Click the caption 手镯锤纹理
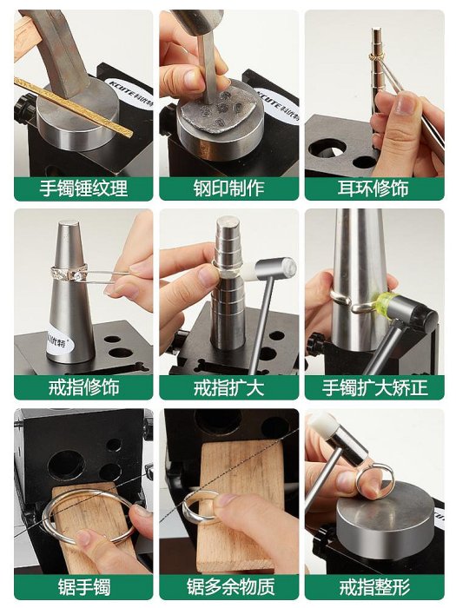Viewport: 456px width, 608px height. pyautogui.click(x=83, y=188)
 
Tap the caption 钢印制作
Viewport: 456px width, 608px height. pyautogui.click(x=228, y=188)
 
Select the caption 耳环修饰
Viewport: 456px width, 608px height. pyautogui.click(x=373, y=188)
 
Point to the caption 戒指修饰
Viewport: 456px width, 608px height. pyautogui.click(x=83, y=387)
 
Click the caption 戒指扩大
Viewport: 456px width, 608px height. pyautogui.click(x=228, y=387)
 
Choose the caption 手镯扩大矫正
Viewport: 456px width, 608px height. pyautogui.click(x=375, y=387)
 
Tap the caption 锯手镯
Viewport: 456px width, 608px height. pyautogui.click(x=84, y=586)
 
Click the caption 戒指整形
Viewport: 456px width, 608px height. pyautogui.click(x=374, y=586)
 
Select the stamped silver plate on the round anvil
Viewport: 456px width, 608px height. pyautogui.click(x=216, y=110)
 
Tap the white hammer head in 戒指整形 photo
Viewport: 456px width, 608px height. pyautogui.click(x=322, y=425)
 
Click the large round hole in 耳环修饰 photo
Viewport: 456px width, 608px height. pyautogui.click(x=328, y=148)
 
